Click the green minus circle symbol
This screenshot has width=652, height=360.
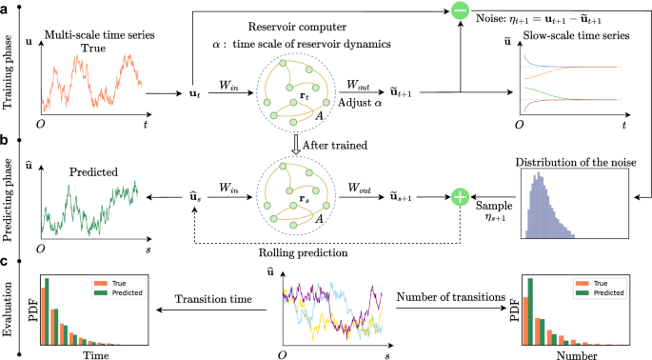click(460, 12)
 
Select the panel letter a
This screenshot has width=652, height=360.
click(7, 8)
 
